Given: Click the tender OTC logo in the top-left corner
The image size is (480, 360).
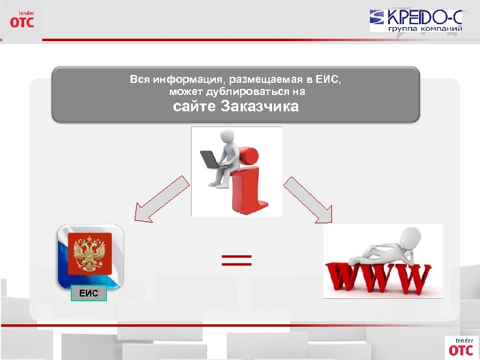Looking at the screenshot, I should pyautogui.click(x=22, y=19).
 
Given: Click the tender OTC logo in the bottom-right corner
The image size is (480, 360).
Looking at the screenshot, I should pyautogui.click(x=461, y=346).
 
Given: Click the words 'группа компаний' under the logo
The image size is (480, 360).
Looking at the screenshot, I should pyautogui.click(x=425, y=28).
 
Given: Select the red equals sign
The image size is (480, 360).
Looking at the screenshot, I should pyautogui.click(x=236, y=261).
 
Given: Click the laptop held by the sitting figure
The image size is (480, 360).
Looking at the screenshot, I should pyautogui.click(x=209, y=160).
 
